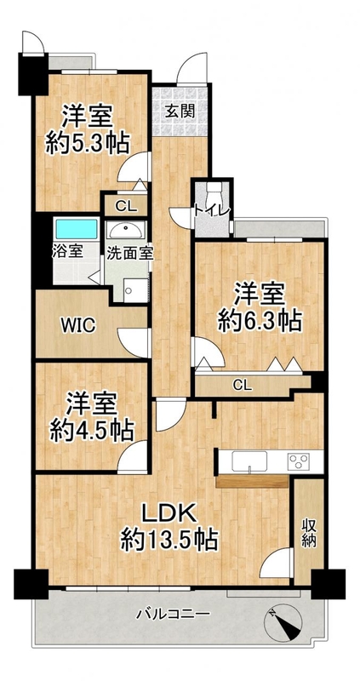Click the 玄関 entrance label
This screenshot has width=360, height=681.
pyautogui.click(x=180, y=112)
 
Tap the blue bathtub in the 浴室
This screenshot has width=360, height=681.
pyautogui.click(x=77, y=229)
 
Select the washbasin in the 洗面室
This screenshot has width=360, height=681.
pyautogui.click(x=126, y=230)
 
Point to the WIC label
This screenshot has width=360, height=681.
pyautogui.click(x=77, y=326)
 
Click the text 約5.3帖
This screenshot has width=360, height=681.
pyautogui.click(x=88, y=143)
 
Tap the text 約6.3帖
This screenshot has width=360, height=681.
pyautogui.click(x=260, y=322)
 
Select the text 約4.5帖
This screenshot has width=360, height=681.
pyautogui.click(x=92, y=431)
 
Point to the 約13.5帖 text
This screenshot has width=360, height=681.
pyautogui.click(x=169, y=541)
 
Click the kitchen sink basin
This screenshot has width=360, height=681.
pyautogui.click(x=249, y=461)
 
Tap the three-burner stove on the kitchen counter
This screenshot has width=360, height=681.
pyautogui.click(x=299, y=461)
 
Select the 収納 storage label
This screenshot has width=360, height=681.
pyautogui.click(x=309, y=534)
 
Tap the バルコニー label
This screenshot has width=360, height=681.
pyautogui.click(x=174, y=614)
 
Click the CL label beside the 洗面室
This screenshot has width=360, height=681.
pyautogui.click(x=126, y=206)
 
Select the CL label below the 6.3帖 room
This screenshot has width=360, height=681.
pyautogui.click(x=242, y=385)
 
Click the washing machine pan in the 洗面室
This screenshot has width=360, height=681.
pyautogui.click(x=135, y=290)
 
